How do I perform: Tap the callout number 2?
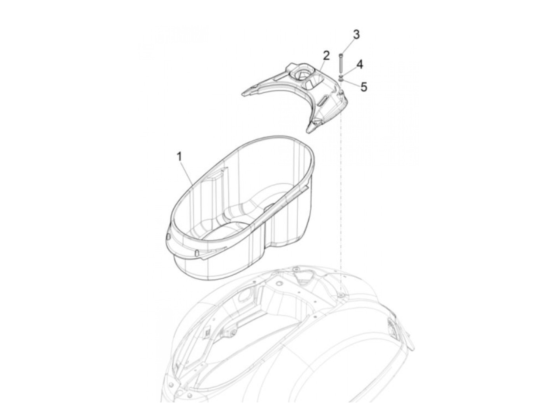[326, 56]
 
